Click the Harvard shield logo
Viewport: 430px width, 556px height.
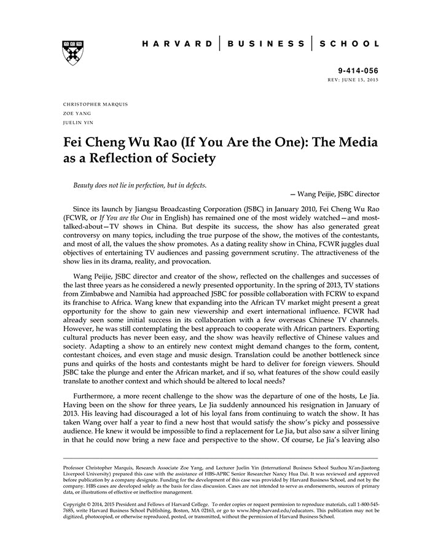73,53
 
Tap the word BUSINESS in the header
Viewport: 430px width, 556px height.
265,44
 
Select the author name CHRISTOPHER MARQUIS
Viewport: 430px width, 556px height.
95,104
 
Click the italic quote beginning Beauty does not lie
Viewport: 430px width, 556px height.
140,185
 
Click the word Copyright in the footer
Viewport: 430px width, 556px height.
77,504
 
